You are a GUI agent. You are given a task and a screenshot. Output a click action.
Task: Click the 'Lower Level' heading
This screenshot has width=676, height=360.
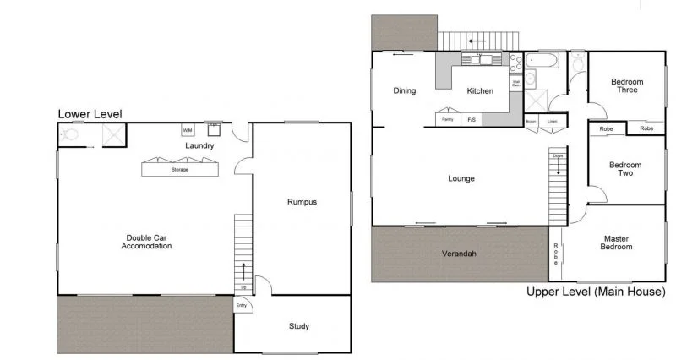pyautogui.click(x=90, y=113)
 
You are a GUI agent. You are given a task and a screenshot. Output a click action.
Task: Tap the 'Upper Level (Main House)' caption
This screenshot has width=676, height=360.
pyautogui.click(x=596, y=292)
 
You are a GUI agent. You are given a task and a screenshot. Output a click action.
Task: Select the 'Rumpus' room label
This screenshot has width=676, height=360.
pyautogui.click(x=301, y=201)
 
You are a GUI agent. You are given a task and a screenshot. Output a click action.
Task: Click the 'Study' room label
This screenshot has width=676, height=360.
pyautogui.click(x=298, y=326)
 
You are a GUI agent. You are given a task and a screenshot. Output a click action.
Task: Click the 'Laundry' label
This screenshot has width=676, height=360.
pyautogui.click(x=200, y=145)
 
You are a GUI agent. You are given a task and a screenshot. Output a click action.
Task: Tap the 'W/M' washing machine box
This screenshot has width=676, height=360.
pyautogui.click(x=188, y=130)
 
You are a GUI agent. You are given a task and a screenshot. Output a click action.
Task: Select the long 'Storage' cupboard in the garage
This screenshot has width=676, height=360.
pyautogui.click(x=179, y=169)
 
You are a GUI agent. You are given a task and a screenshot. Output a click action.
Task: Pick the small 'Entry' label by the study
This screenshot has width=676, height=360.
pyautogui.click(x=242, y=305)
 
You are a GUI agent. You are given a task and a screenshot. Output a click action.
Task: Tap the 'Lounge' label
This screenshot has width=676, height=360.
pyautogui.click(x=461, y=178)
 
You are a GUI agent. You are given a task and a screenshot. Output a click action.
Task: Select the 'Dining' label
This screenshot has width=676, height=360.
pyautogui.click(x=405, y=91)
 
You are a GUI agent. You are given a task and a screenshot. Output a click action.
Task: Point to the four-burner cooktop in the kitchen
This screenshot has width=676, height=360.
pyautogui.click(x=515, y=61)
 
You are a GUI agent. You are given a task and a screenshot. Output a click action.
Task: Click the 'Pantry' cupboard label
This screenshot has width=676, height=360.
pyautogui.click(x=446, y=120)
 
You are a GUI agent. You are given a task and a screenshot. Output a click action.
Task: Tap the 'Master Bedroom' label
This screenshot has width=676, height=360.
pyautogui.click(x=616, y=243)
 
